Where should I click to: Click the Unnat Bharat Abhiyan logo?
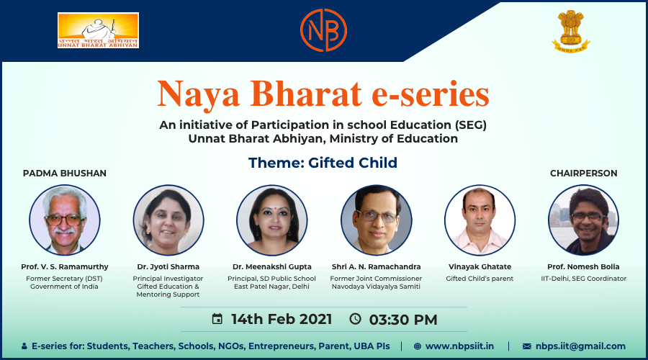pyautogui.click(x=98, y=31)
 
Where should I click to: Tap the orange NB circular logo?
pyautogui.click(x=323, y=30)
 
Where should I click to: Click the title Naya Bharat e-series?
pyautogui.click(x=323, y=94)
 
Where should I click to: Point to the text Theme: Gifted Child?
pyautogui.click(x=323, y=163)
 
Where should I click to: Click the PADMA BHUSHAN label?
pyautogui.click(x=65, y=174)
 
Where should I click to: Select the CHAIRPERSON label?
pyautogui.click(x=583, y=174)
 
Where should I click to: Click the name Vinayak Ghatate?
pyautogui.click(x=480, y=267)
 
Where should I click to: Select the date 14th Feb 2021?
pyautogui.click(x=282, y=319)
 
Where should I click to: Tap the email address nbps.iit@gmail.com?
pyautogui.click(x=584, y=346)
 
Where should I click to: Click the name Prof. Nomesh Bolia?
pyautogui.click(x=583, y=267)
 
